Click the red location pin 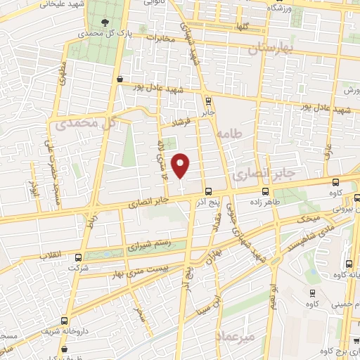tap(181, 165)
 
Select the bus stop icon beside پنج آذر tap(208, 191)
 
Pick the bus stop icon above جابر tap(207, 100)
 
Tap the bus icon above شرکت tap(78, 257)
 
